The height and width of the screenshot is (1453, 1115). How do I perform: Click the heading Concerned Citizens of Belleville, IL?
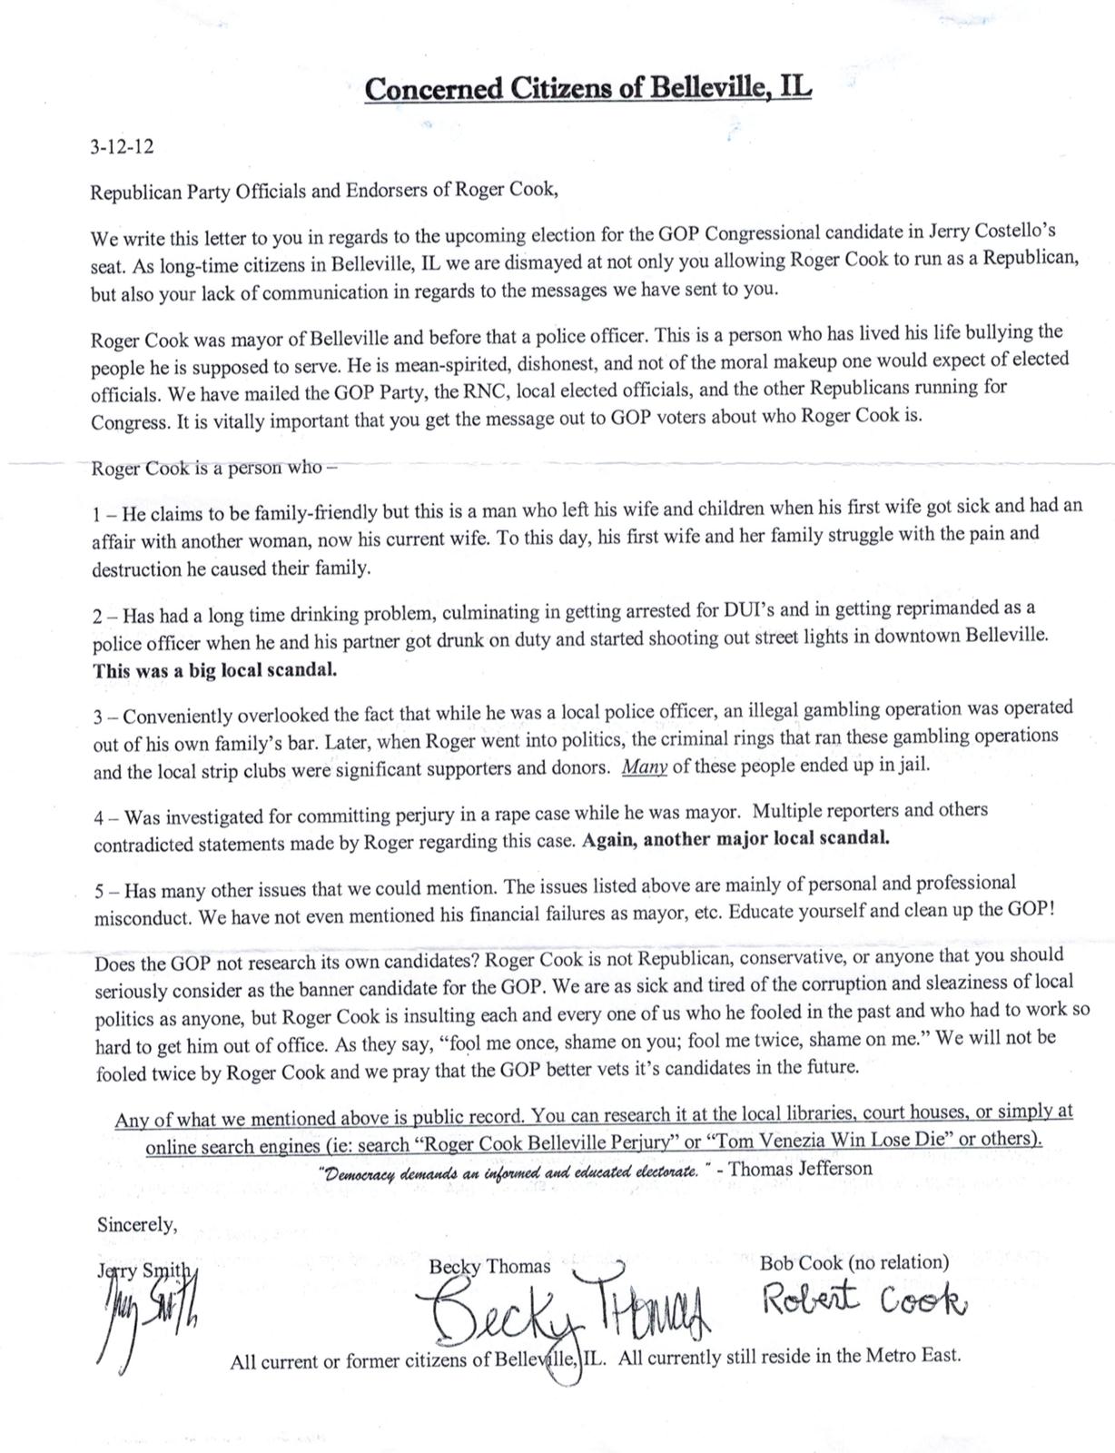point(587,89)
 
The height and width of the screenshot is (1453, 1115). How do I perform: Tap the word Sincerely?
point(137,1224)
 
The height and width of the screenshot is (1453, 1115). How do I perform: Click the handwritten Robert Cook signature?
point(863,1302)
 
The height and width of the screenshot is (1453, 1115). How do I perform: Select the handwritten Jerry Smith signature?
point(145,1312)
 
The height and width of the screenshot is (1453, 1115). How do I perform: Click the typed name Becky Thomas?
point(489,1266)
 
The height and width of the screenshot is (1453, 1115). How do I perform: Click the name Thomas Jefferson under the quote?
point(800,1169)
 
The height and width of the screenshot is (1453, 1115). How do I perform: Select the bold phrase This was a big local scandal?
point(215,671)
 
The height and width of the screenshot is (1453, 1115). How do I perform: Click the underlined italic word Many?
point(645,766)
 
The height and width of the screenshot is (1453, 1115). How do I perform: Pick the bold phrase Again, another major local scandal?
point(735,838)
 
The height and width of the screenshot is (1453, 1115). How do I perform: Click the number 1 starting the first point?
point(97,514)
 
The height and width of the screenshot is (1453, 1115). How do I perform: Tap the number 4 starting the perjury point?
point(99,817)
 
